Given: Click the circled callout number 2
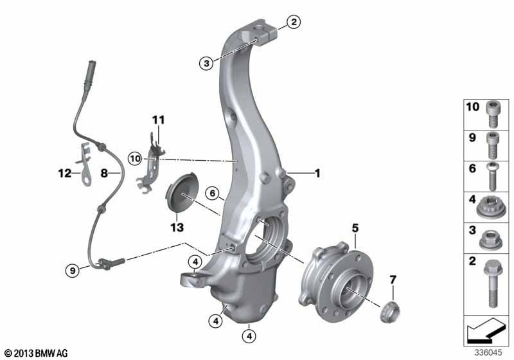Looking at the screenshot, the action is tap(294, 22).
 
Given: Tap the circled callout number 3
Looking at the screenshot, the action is tap(206, 63).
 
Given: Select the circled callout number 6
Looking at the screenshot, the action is tap(213, 194).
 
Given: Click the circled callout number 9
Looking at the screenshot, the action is tap(73, 271).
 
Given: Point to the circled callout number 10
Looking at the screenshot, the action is tap(135, 159).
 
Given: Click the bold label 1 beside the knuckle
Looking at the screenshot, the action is tap(317, 173).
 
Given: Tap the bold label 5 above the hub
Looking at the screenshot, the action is tap(355, 228).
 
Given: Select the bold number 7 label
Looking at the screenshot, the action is tap(393, 280).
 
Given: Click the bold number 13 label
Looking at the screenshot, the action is tap(177, 227).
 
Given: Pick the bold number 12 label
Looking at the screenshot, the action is tap(65, 173).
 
